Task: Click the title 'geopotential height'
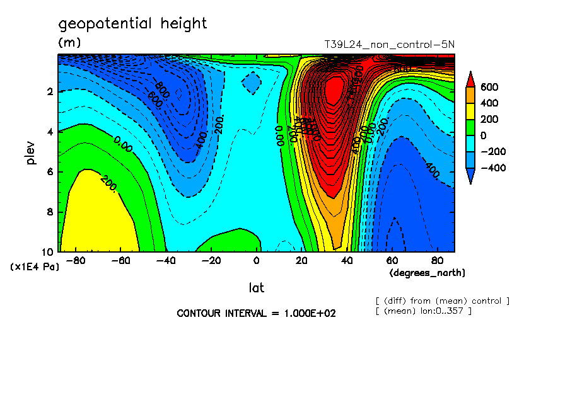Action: pyautogui.click(x=132, y=24)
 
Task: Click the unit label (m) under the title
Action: pyautogui.click(x=69, y=43)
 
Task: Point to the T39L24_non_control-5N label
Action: pyautogui.click(x=388, y=44)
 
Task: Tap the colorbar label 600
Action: pyautogui.click(x=489, y=87)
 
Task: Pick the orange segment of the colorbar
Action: pyautogui.click(x=470, y=94)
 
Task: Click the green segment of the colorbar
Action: pyautogui.click(x=470, y=127)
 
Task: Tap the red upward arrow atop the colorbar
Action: pyautogui.click(x=470, y=79)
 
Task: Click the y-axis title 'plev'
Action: pyautogui.click(x=31, y=153)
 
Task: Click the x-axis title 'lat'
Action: pyautogui.click(x=256, y=288)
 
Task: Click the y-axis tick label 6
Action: pyautogui.click(x=50, y=172)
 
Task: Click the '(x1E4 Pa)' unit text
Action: pyautogui.click(x=35, y=267)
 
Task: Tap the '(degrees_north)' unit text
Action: pyautogui.click(x=427, y=273)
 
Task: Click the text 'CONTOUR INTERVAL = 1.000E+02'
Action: pyautogui.click(x=256, y=313)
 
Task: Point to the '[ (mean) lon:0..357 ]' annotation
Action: pyautogui.click(x=423, y=311)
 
